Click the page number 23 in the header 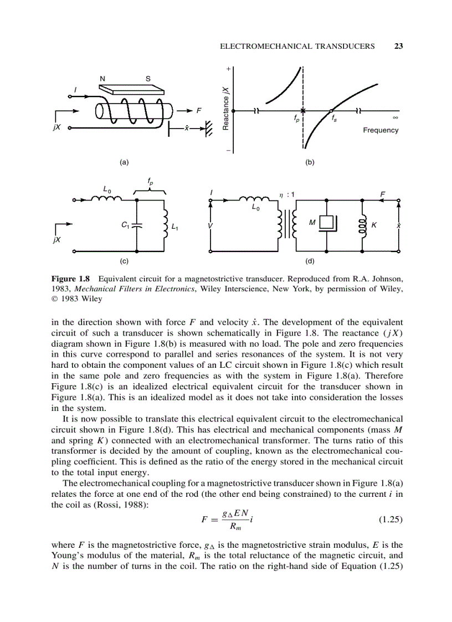[398, 46]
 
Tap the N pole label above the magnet [102, 78]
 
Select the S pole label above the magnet [148, 78]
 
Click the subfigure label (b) [310, 162]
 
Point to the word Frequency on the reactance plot [381, 130]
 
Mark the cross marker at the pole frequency [303, 110]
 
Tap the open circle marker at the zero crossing [331, 110]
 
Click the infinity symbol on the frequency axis [395, 117]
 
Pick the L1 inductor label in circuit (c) [174, 226]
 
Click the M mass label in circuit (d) [312, 223]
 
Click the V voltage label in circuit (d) [210, 227]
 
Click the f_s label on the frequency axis [333, 118]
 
